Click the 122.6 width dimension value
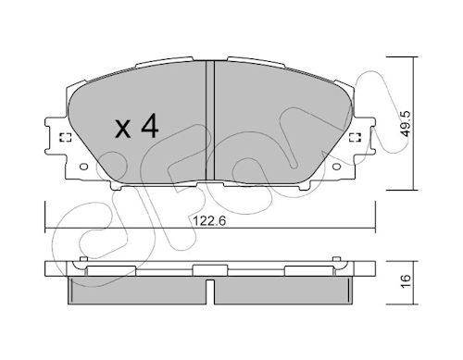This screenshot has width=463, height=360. [x=209, y=221]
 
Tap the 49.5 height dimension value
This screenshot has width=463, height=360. [x=407, y=123]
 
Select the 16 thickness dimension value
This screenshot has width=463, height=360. [x=407, y=280]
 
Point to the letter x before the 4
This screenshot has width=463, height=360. [x=123, y=129]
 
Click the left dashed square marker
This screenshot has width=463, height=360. [x=65, y=138]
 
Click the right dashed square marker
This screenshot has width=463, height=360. [x=356, y=138]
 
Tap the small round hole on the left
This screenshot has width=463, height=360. [x=84, y=167]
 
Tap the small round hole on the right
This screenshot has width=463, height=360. [x=336, y=167]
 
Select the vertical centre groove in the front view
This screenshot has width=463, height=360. [x=210, y=120]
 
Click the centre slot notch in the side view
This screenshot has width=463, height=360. [x=210, y=292]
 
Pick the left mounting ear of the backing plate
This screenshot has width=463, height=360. [x=56, y=136]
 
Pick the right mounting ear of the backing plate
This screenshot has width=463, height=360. [x=365, y=136]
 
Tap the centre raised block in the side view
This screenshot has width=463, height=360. [x=210, y=270]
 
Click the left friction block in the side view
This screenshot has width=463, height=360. [x=137, y=290]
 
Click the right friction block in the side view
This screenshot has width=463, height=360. [x=283, y=290]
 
